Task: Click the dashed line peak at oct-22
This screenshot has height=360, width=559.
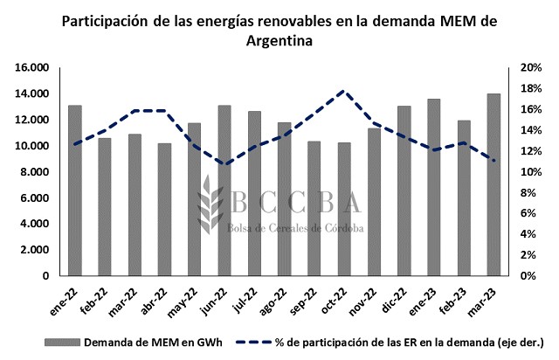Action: pos(344,91)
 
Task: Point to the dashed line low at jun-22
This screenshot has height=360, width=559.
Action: pos(224,164)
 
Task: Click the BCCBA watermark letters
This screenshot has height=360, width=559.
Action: pos(297,202)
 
